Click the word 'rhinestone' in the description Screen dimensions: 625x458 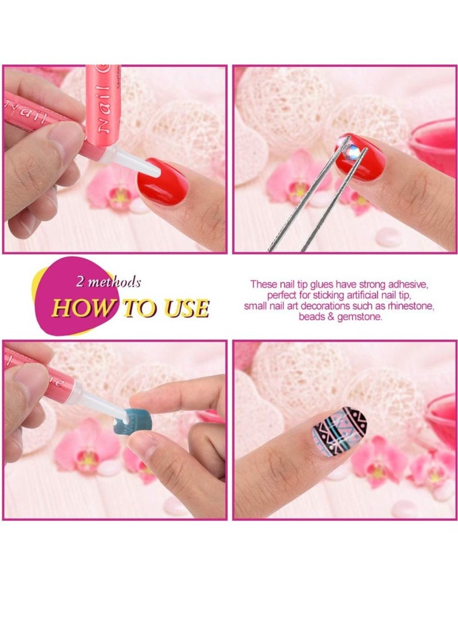click(x=409, y=306)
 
